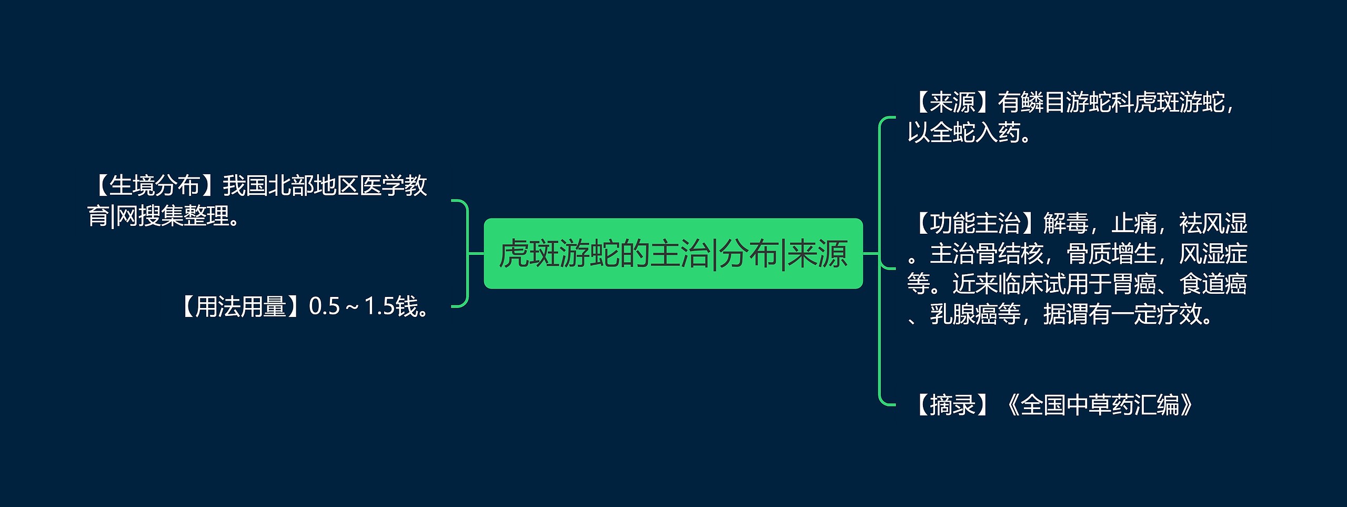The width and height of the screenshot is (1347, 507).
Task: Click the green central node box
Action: [x=673, y=253]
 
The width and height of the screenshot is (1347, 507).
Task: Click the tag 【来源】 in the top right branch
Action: [x=952, y=102]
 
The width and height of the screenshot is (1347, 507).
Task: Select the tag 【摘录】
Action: [x=952, y=405]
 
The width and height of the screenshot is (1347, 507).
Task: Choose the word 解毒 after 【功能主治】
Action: [x=1065, y=223]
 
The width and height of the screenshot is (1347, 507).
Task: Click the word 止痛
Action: [x=1134, y=223]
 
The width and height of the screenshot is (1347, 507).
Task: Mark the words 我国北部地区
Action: [x=291, y=185]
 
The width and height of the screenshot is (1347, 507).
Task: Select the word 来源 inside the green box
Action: [x=817, y=253]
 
